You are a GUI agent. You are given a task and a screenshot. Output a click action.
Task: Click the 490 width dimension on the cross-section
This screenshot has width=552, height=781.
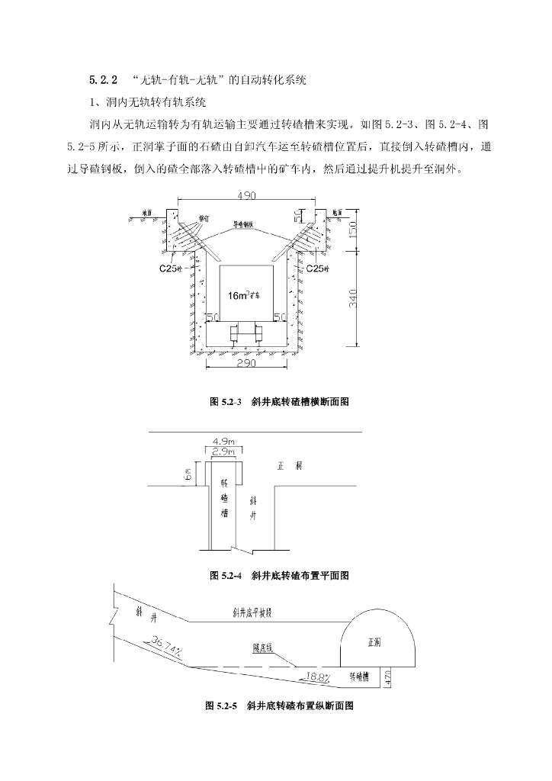[x=246, y=196]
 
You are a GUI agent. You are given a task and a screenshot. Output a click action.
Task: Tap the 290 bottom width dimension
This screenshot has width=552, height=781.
[x=246, y=364]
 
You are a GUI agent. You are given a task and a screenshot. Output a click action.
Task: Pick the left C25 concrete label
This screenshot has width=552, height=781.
[x=169, y=268]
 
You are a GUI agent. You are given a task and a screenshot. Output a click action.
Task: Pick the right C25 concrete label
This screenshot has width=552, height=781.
[x=317, y=268]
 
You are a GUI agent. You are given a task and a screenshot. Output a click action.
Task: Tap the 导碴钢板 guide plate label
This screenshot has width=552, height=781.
[x=247, y=227]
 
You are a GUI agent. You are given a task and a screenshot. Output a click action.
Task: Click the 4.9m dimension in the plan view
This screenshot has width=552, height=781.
[x=222, y=442]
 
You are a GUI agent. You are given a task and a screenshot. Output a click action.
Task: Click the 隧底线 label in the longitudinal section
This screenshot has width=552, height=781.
[x=263, y=647]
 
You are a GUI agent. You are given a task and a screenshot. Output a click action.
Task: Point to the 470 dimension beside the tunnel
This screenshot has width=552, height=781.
[x=388, y=676]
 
